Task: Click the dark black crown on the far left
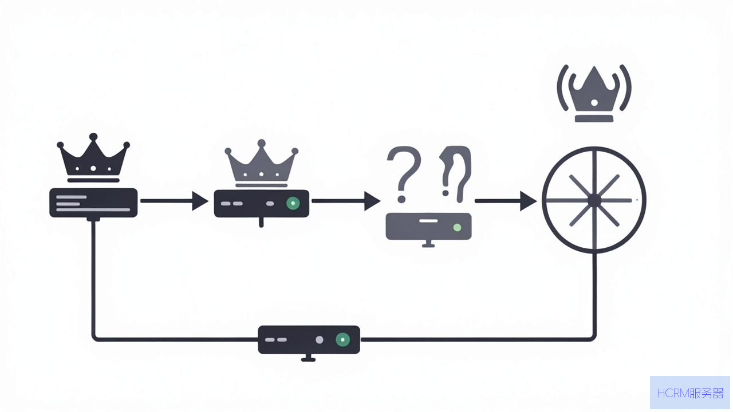tap(93, 157)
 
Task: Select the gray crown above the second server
tap(261, 164)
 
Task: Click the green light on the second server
tap(293, 203)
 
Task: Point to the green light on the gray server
tap(457, 228)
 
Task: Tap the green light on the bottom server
tap(342, 339)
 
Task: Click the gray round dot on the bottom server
tap(320, 340)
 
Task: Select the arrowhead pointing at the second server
tap(200, 201)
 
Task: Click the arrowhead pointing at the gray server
tap(372, 201)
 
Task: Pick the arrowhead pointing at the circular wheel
tap(528, 201)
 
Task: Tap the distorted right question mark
tap(456, 174)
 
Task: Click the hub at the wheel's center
tap(594, 200)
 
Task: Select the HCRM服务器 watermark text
tap(690, 393)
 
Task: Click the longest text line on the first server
tap(93, 209)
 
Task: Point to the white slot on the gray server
tap(428, 221)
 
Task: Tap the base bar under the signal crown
tap(594, 118)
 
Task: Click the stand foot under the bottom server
tap(308, 360)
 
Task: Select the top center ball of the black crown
tap(93, 137)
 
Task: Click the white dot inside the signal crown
tap(594, 102)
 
